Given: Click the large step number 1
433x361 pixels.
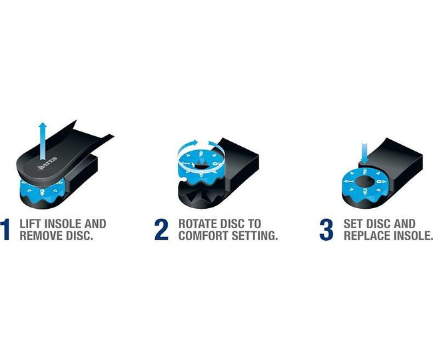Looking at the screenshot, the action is click(x=5, y=230).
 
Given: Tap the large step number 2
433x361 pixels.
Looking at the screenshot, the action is click(x=161, y=230).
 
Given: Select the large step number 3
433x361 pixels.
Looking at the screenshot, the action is click(x=326, y=230).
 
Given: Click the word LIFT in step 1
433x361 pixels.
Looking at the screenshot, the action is click(x=31, y=224).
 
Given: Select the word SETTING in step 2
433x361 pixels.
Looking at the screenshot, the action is click(x=254, y=236).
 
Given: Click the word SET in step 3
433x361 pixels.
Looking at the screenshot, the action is click(x=352, y=224).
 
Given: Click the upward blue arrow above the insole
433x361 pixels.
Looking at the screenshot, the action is click(x=43, y=141).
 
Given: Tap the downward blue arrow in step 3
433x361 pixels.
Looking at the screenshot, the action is click(x=364, y=153).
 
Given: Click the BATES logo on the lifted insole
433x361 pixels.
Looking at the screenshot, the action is click(x=47, y=163).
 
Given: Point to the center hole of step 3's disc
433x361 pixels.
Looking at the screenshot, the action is click(x=365, y=182).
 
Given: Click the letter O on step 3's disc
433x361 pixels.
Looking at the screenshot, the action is click(x=380, y=182).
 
